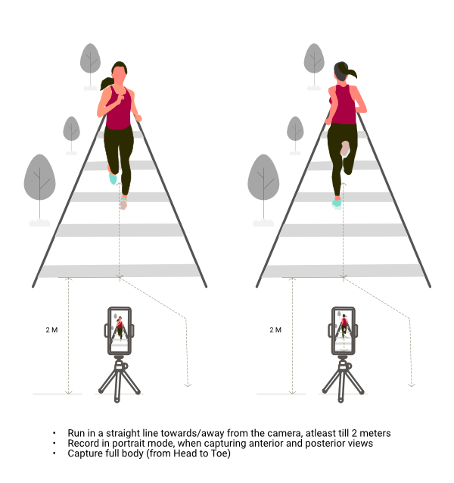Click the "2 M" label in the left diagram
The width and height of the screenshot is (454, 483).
pyautogui.click(x=51, y=330)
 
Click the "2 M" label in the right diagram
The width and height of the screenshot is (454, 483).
pyautogui.click(x=275, y=330)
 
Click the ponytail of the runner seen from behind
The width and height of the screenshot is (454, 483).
pyautogui.click(x=352, y=73)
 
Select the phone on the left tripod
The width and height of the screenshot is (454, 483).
pyautogui.click(x=120, y=331)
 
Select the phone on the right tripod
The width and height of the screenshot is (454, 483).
pyautogui.click(x=344, y=331)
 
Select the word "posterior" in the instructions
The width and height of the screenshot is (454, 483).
pyautogui.click(x=325, y=444)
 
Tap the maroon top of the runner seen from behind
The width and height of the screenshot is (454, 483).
pyautogui.click(x=344, y=104)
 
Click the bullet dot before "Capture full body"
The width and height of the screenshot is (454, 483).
pyautogui.click(x=54, y=453)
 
